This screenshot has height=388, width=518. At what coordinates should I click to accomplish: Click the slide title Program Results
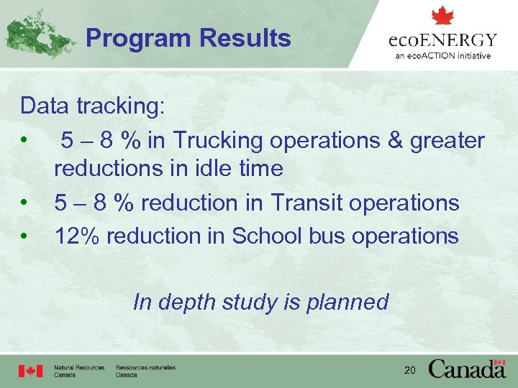coord(188,38)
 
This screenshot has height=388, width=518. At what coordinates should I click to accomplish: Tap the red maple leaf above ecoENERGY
coord(442,16)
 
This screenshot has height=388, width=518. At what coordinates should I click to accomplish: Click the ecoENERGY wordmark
coord(442,40)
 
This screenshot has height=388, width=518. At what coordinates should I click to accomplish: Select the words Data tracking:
coord(93,106)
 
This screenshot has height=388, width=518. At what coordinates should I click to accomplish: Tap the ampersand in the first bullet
coord(395,141)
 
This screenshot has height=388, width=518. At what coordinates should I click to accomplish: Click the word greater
coord(447,141)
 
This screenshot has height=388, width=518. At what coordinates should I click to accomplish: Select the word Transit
coord(307,203)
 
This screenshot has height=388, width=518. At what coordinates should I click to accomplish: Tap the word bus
coord(332,236)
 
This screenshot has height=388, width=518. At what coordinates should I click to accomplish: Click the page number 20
coord(409,370)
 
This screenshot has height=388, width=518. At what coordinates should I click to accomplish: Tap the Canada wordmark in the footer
coord(467,369)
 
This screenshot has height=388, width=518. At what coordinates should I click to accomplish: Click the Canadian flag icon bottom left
coord(31,371)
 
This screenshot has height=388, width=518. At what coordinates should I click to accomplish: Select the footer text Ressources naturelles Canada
coord(145,371)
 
